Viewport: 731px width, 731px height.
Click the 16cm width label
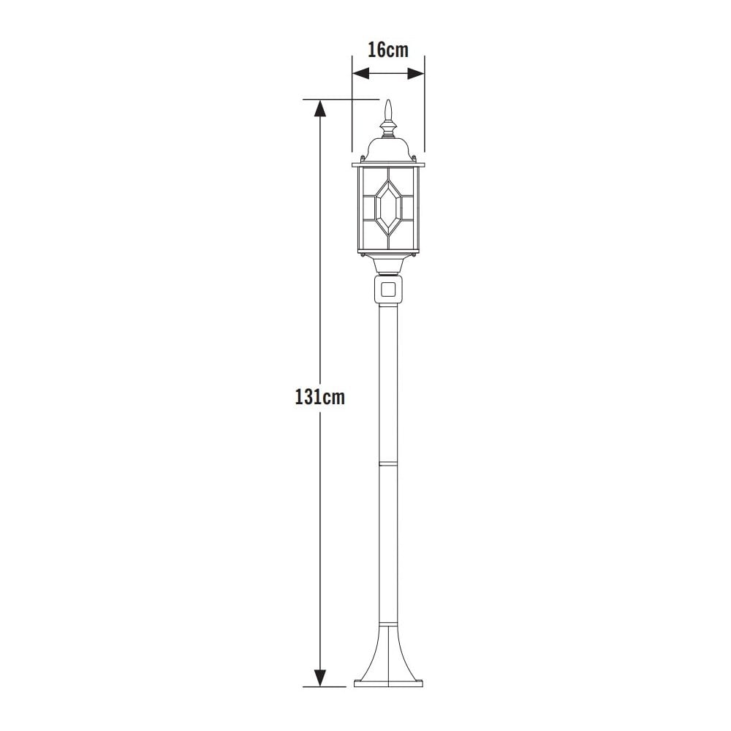click(x=387, y=50)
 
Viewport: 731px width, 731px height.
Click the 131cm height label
click(x=319, y=398)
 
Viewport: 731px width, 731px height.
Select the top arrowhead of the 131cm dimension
click(x=319, y=108)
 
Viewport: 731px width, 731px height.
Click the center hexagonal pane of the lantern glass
click(x=388, y=206)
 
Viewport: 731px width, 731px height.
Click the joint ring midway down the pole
click(x=388, y=463)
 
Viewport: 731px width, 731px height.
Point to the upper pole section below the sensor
click(x=388, y=380)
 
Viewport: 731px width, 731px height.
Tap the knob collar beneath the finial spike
click(x=389, y=129)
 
